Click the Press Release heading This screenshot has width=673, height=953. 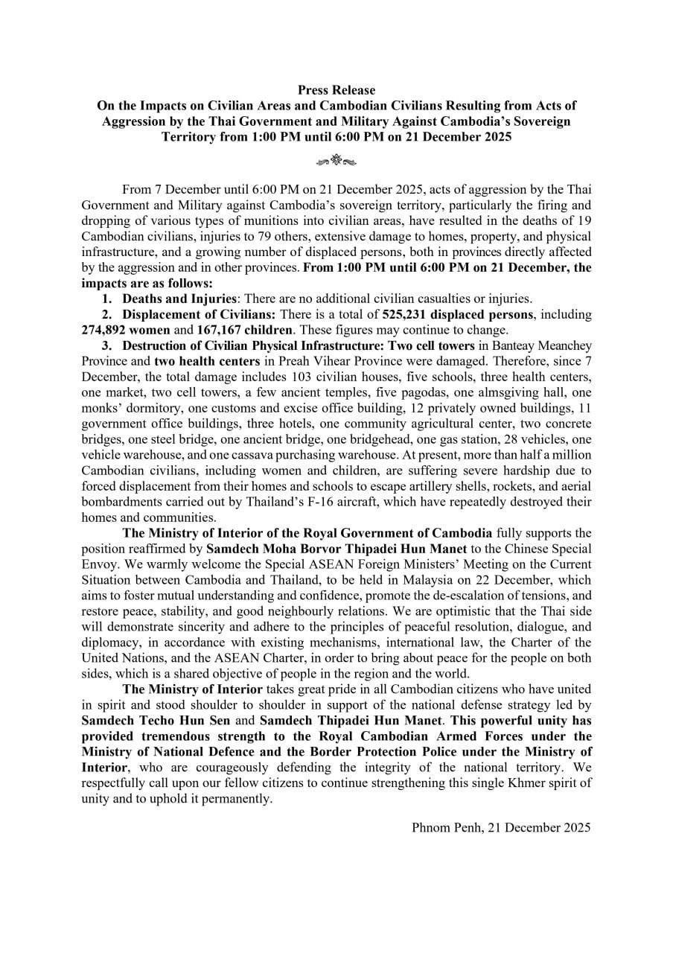tap(336, 90)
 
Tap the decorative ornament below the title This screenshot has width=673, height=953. tap(336, 159)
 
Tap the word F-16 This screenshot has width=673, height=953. tap(380, 503)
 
